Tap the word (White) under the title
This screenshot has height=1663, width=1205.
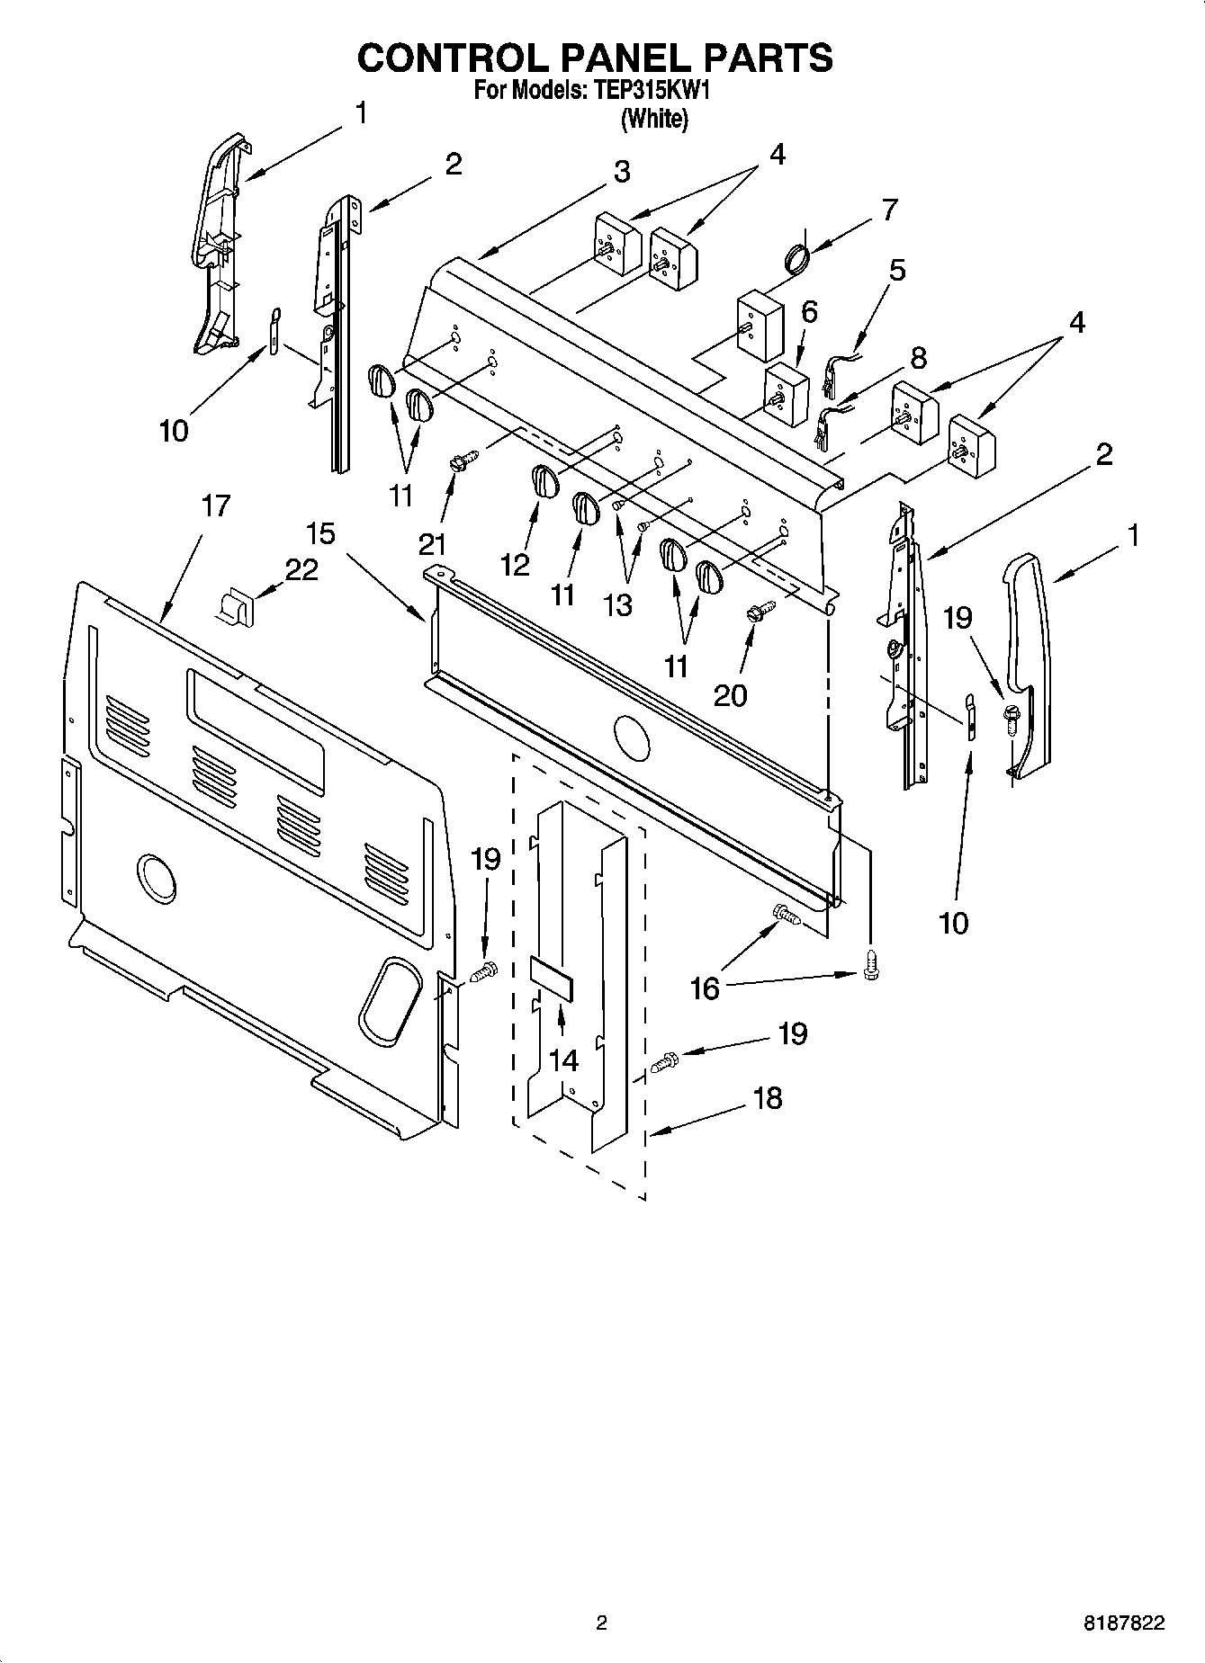click(x=653, y=119)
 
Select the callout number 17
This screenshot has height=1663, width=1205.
click(x=214, y=506)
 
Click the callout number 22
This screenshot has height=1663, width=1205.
click(x=301, y=569)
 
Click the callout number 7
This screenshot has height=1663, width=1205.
click(x=889, y=210)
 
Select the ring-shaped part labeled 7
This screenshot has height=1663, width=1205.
click(x=796, y=259)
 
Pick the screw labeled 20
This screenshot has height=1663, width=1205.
click(x=757, y=612)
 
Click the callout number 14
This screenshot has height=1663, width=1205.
click(x=563, y=1060)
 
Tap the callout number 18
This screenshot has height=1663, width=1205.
click(x=767, y=1098)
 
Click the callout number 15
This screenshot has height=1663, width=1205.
click(x=320, y=533)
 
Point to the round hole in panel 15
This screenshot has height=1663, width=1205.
click(x=630, y=735)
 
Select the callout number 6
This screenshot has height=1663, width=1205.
click(x=808, y=312)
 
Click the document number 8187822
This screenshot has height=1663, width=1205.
click(x=1124, y=1624)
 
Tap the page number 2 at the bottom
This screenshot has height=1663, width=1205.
click(x=601, y=1624)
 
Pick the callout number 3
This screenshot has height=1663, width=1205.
click(x=622, y=172)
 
